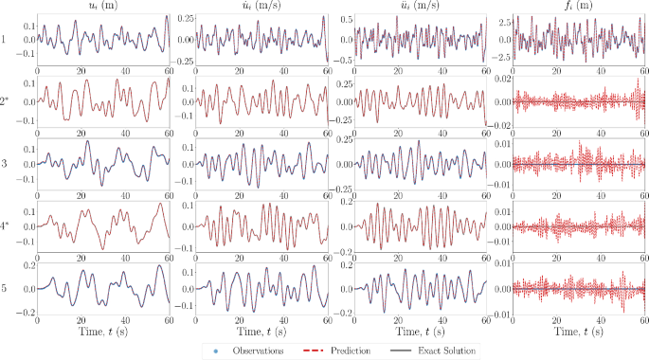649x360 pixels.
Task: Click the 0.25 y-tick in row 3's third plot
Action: coord(339,140)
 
